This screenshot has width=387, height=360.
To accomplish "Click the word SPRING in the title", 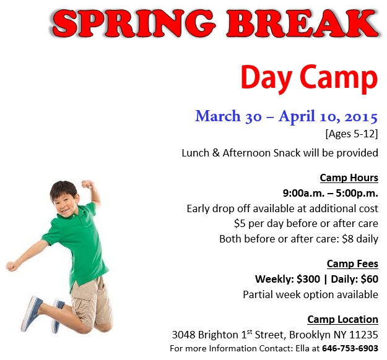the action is (134, 23).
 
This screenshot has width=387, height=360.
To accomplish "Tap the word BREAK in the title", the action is (303, 23).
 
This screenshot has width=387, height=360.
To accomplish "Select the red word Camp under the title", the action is (339, 78).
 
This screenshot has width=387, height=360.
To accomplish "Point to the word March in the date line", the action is (218, 116).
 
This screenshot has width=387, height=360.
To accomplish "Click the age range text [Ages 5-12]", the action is (352, 134).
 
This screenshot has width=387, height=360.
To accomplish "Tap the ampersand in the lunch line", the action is (215, 153).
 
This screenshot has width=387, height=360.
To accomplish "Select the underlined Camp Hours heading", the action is (349, 178).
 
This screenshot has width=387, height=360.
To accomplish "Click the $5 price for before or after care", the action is (240, 223).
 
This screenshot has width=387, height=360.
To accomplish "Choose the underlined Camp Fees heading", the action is (352, 264).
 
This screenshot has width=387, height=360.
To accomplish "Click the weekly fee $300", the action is (308, 279).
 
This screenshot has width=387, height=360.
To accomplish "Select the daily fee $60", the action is (370, 279).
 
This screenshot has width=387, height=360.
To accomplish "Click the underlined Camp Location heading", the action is (343, 319).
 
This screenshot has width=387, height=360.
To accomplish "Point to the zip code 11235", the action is (364, 335).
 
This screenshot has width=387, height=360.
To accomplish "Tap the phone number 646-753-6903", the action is (350, 348).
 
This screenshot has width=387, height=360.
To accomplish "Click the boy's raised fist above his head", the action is (87, 184).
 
